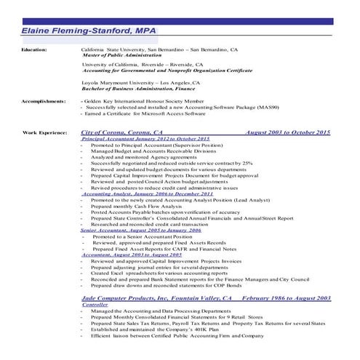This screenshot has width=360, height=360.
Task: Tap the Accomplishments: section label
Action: tap(44, 101)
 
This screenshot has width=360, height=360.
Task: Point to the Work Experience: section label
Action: tap(45, 132)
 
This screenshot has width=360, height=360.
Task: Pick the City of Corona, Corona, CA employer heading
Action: tap(121, 132)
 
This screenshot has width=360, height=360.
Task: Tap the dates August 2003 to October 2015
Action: tap(288, 132)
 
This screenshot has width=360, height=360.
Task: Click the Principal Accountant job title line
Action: tap(145, 138)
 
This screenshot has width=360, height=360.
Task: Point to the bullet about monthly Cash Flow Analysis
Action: tap(138, 207)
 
